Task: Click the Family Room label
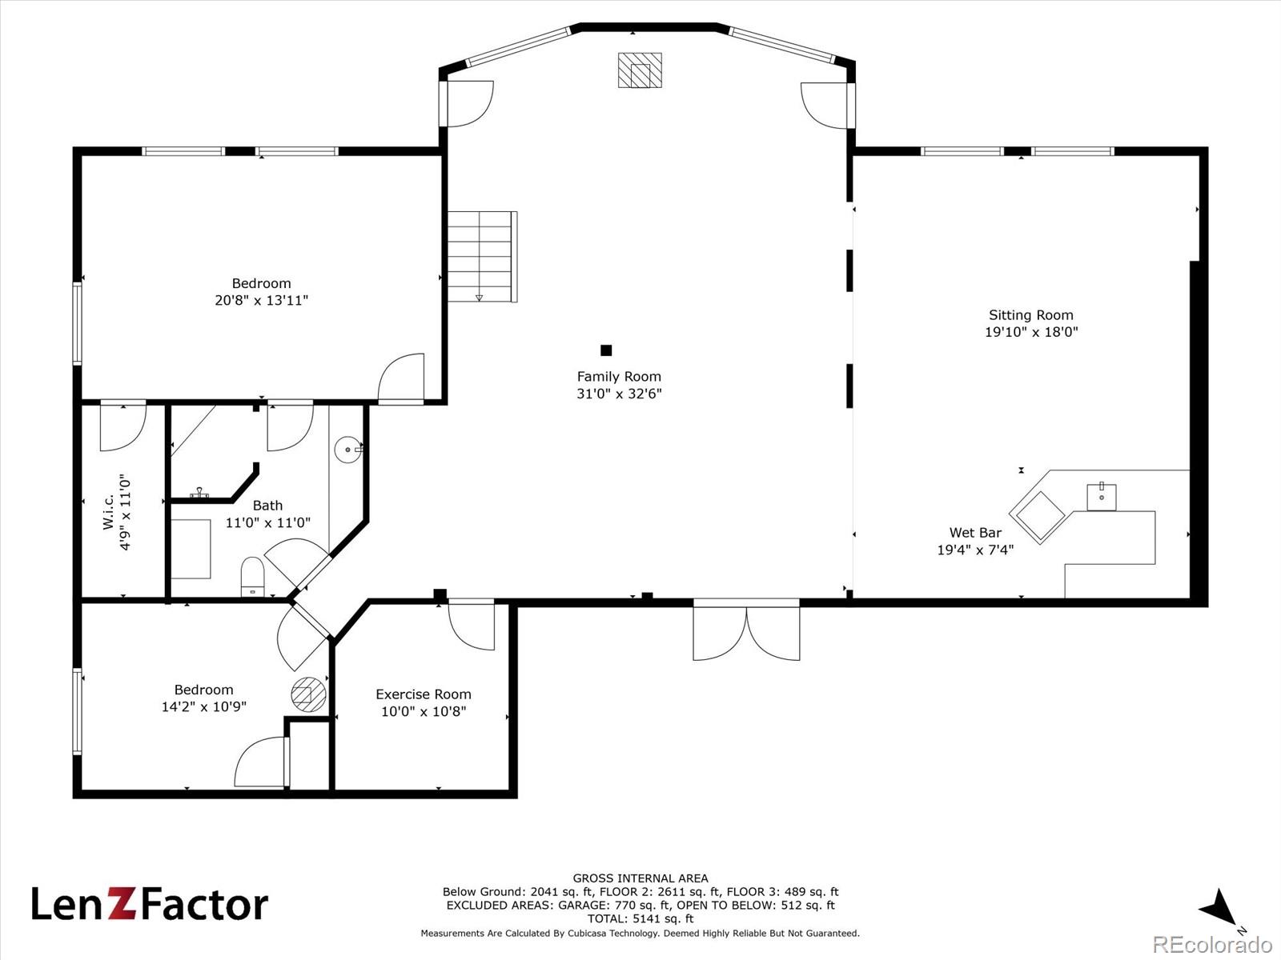point(619,377)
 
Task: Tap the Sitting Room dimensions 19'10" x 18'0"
point(1031,332)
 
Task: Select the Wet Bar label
point(975,533)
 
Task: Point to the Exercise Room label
point(423,694)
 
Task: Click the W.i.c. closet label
point(109,513)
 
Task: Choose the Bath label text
point(267,506)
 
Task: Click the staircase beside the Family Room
point(482,257)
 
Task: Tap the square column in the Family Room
point(606,350)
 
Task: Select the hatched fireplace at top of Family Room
point(640,70)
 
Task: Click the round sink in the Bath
point(348,450)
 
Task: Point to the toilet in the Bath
point(252,577)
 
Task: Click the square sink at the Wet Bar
point(1101,497)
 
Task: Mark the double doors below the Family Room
point(746,630)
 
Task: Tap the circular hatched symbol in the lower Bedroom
point(309,694)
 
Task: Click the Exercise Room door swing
point(472,626)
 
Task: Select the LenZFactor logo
point(150,904)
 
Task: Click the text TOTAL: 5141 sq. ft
point(640,919)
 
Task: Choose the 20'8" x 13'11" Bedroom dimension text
point(262,300)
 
